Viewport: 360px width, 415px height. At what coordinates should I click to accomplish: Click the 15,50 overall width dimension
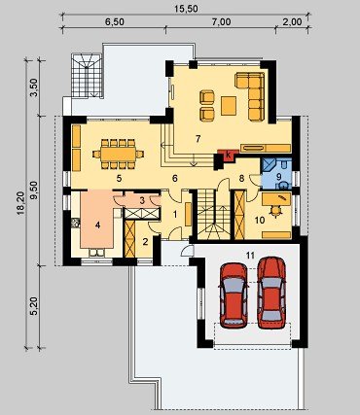pyautogui.click(x=186, y=9)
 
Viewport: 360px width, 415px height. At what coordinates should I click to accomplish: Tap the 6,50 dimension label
pyautogui.click(x=114, y=21)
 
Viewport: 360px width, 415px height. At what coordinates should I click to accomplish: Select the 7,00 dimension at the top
pyautogui.click(x=221, y=21)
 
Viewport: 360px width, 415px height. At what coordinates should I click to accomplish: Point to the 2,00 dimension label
pyautogui.click(x=293, y=21)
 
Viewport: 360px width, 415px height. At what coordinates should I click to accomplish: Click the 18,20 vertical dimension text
pyautogui.click(x=20, y=203)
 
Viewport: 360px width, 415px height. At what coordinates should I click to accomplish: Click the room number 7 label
pyautogui.click(x=198, y=139)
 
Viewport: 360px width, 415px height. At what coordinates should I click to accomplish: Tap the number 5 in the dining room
pyautogui.click(x=119, y=178)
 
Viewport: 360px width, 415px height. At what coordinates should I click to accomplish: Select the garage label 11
pyautogui.click(x=250, y=255)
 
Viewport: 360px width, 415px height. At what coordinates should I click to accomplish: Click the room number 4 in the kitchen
pyautogui.click(x=98, y=225)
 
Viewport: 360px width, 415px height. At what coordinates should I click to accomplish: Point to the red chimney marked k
pyautogui.click(x=228, y=156)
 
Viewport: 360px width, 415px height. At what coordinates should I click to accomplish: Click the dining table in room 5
pyautogui.click(x=119, y=155)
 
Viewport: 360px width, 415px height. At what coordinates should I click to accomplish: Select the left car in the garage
pyautogui.click(x=234, y=295)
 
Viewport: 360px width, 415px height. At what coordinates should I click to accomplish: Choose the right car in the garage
pyautogui.click(x=271, y=293)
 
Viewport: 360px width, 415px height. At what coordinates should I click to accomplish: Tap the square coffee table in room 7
pyautogui.click(x=229, y=106)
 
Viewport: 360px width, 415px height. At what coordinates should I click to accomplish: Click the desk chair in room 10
pyautogui.click(x=276, y=212)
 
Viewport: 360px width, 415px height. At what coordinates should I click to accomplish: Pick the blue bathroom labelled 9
pyautogui.click(x=276, y=174)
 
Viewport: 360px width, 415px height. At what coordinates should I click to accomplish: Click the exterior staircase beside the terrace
pyautogui.click(x=87, y=76)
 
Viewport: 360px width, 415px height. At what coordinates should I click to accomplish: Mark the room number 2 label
pyautogui.click(x=145, y=241)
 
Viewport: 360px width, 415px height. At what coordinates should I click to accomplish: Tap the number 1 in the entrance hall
pyautogui.click(x=175, y=214)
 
